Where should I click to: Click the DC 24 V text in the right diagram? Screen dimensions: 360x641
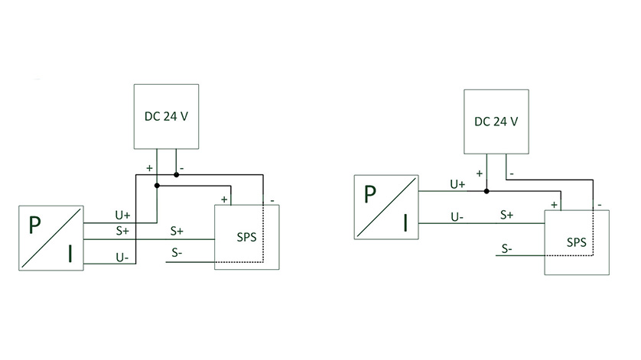coord(496,122)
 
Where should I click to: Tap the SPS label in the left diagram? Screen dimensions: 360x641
coord(247,236)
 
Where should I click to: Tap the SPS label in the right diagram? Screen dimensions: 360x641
coord(576,242)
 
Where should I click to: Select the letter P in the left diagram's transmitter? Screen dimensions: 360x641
coord(34,226)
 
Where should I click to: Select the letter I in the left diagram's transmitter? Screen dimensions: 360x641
coord(70,253)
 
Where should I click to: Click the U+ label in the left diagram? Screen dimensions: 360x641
coord(123,216)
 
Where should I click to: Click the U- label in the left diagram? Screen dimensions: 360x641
coord(122,258)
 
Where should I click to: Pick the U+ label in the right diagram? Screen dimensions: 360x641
coord(457,184)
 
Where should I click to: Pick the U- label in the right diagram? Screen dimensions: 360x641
coord(457,217)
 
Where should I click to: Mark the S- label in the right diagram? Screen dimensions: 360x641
coord(506,248)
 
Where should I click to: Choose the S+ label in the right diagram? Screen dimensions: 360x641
coord(506,216)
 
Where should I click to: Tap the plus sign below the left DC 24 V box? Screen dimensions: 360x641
coord(149,167)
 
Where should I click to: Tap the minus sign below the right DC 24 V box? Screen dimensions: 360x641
coord(511,174)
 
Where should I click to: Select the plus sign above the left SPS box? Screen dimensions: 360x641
coord(224,199)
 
